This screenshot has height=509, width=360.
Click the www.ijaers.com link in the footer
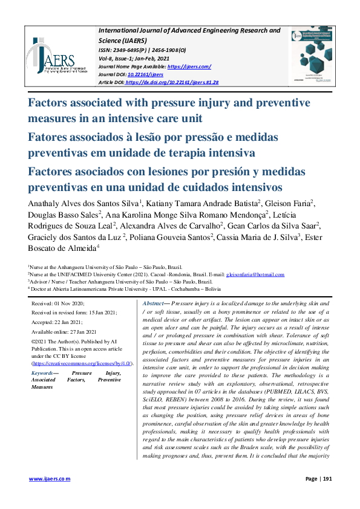[x=50, y=478]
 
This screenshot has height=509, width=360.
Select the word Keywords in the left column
[x=42, y=374]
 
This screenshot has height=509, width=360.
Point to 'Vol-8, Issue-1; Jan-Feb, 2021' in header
[x=139, y=58]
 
